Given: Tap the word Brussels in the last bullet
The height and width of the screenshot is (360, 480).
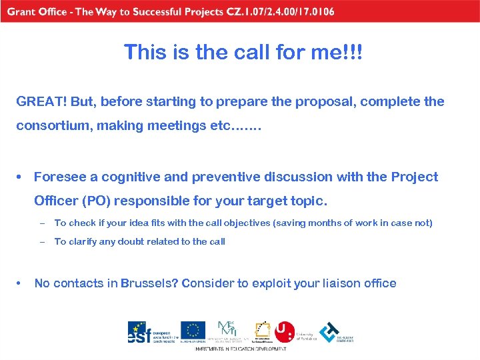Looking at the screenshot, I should tap(151, 283).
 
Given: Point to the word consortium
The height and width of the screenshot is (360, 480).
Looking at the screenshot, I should tap(55, 126).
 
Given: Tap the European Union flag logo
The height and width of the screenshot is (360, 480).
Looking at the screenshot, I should tap(193, 330).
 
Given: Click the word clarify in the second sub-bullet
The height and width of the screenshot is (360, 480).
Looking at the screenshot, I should tap(83, 242).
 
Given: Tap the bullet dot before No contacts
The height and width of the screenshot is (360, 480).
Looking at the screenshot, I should tap(21, 283).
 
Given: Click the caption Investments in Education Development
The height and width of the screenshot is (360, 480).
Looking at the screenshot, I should tap(241, 349).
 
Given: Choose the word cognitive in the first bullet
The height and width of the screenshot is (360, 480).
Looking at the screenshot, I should tap(124, 177).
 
